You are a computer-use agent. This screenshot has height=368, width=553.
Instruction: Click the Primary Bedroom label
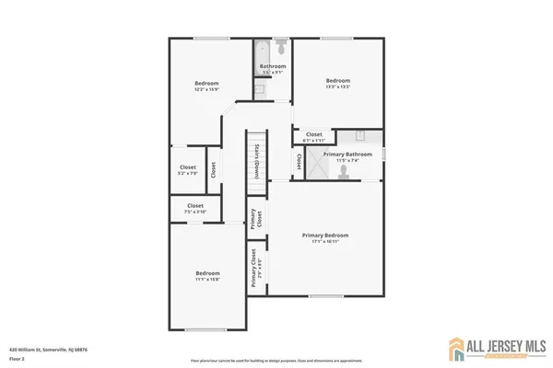click(x=325, y=235)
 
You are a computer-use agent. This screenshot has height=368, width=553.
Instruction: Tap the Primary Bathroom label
click(x=347, y=155)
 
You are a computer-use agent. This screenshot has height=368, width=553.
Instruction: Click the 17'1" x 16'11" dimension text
click(x=325, y=242)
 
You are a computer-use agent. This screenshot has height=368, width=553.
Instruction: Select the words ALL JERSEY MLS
click(x=500, y=344)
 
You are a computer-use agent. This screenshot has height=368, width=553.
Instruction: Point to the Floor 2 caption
click(x=17, y=358)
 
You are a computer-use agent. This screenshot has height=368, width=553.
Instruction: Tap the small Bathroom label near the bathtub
click(x=272, y=66)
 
